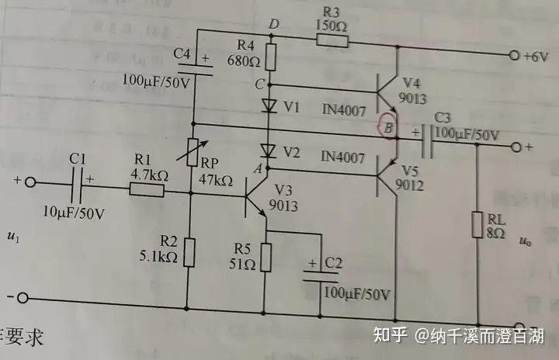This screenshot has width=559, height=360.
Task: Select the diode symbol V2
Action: point(269,151)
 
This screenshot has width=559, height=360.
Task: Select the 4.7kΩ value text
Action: point(147,174)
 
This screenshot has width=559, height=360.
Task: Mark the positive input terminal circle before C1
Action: point(30,183)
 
